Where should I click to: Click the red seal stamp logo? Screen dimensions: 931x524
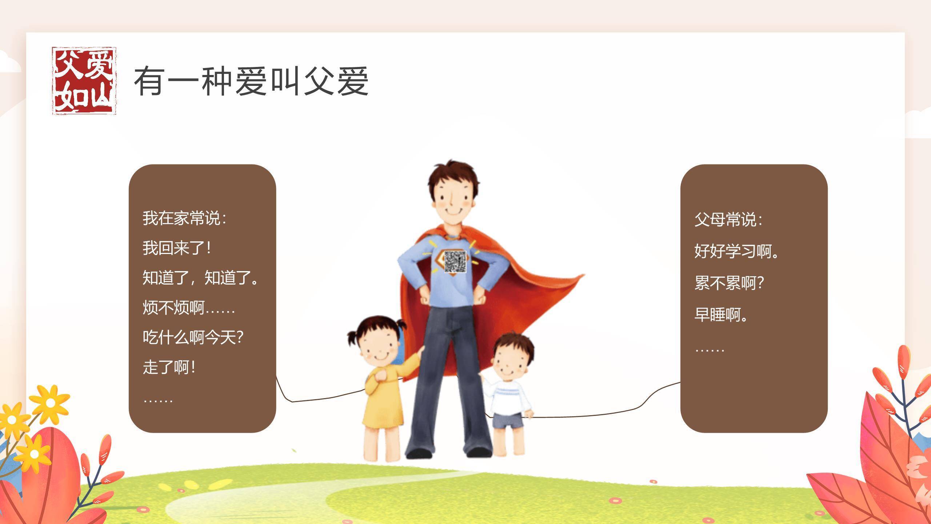(84, 81)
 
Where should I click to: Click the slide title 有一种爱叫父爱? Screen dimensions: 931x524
(251, 81)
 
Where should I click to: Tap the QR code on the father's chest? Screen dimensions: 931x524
(455, 262)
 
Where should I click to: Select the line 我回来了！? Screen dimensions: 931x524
(177, 248)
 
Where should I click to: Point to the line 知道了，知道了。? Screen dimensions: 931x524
(200, 278)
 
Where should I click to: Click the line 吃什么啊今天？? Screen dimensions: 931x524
(193, 338)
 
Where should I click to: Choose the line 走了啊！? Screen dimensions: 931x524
(169, 368)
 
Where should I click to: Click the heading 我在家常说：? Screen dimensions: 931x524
(184, 218)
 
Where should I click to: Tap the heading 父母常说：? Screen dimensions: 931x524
(728, 219)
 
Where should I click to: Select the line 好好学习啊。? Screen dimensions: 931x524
(737, 251)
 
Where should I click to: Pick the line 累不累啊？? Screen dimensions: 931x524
(729, 283)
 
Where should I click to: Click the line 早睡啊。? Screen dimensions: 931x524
(721, 315)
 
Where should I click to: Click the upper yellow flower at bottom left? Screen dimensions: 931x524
(50, 402)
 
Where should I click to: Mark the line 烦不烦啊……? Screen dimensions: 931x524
(189, 308)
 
